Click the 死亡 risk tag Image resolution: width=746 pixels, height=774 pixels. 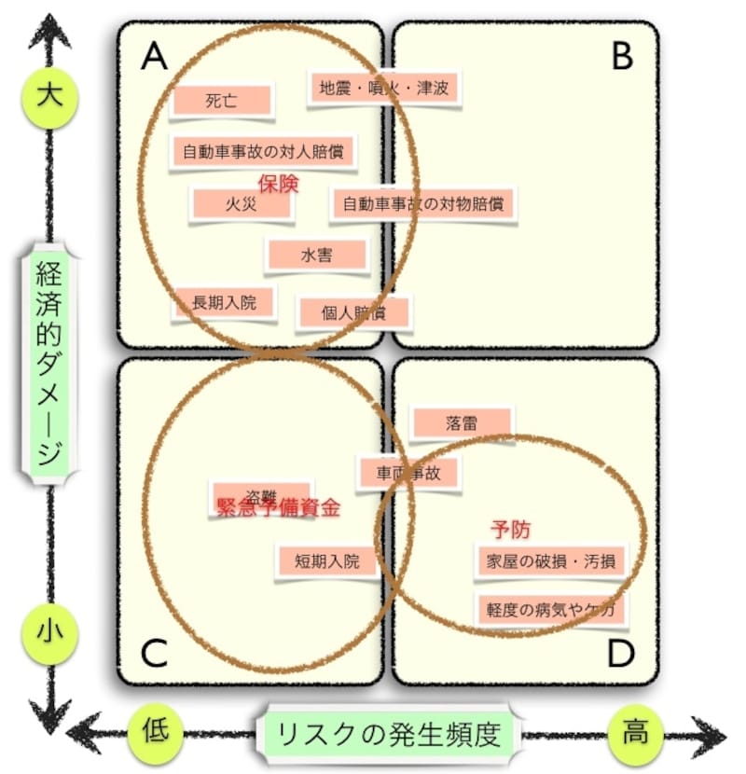(x=222, y=102)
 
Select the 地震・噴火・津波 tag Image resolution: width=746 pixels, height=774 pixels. (x=383, y=90)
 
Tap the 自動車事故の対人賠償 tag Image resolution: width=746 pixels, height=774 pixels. (x=264, y=150)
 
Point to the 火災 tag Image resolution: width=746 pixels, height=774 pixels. (x=241, y=204)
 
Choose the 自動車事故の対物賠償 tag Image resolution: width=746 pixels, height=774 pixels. (x=421, y=203)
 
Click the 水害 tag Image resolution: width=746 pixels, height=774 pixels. (x=316, y=255)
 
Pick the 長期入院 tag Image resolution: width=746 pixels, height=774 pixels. (x=223, y=301)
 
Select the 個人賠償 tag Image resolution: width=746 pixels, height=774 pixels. (x=353, y=311)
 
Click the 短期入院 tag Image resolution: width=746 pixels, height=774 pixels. (x=326, y=560)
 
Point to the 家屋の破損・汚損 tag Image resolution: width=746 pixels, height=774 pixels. (x=549, y=561)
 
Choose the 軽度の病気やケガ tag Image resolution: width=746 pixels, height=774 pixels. (x=549, y=610)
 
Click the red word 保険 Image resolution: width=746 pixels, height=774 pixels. (x=278, y=184)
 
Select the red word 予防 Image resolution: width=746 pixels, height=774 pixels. (x=510, y=529)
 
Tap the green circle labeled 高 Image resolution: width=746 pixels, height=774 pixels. (x=636, y=730)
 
